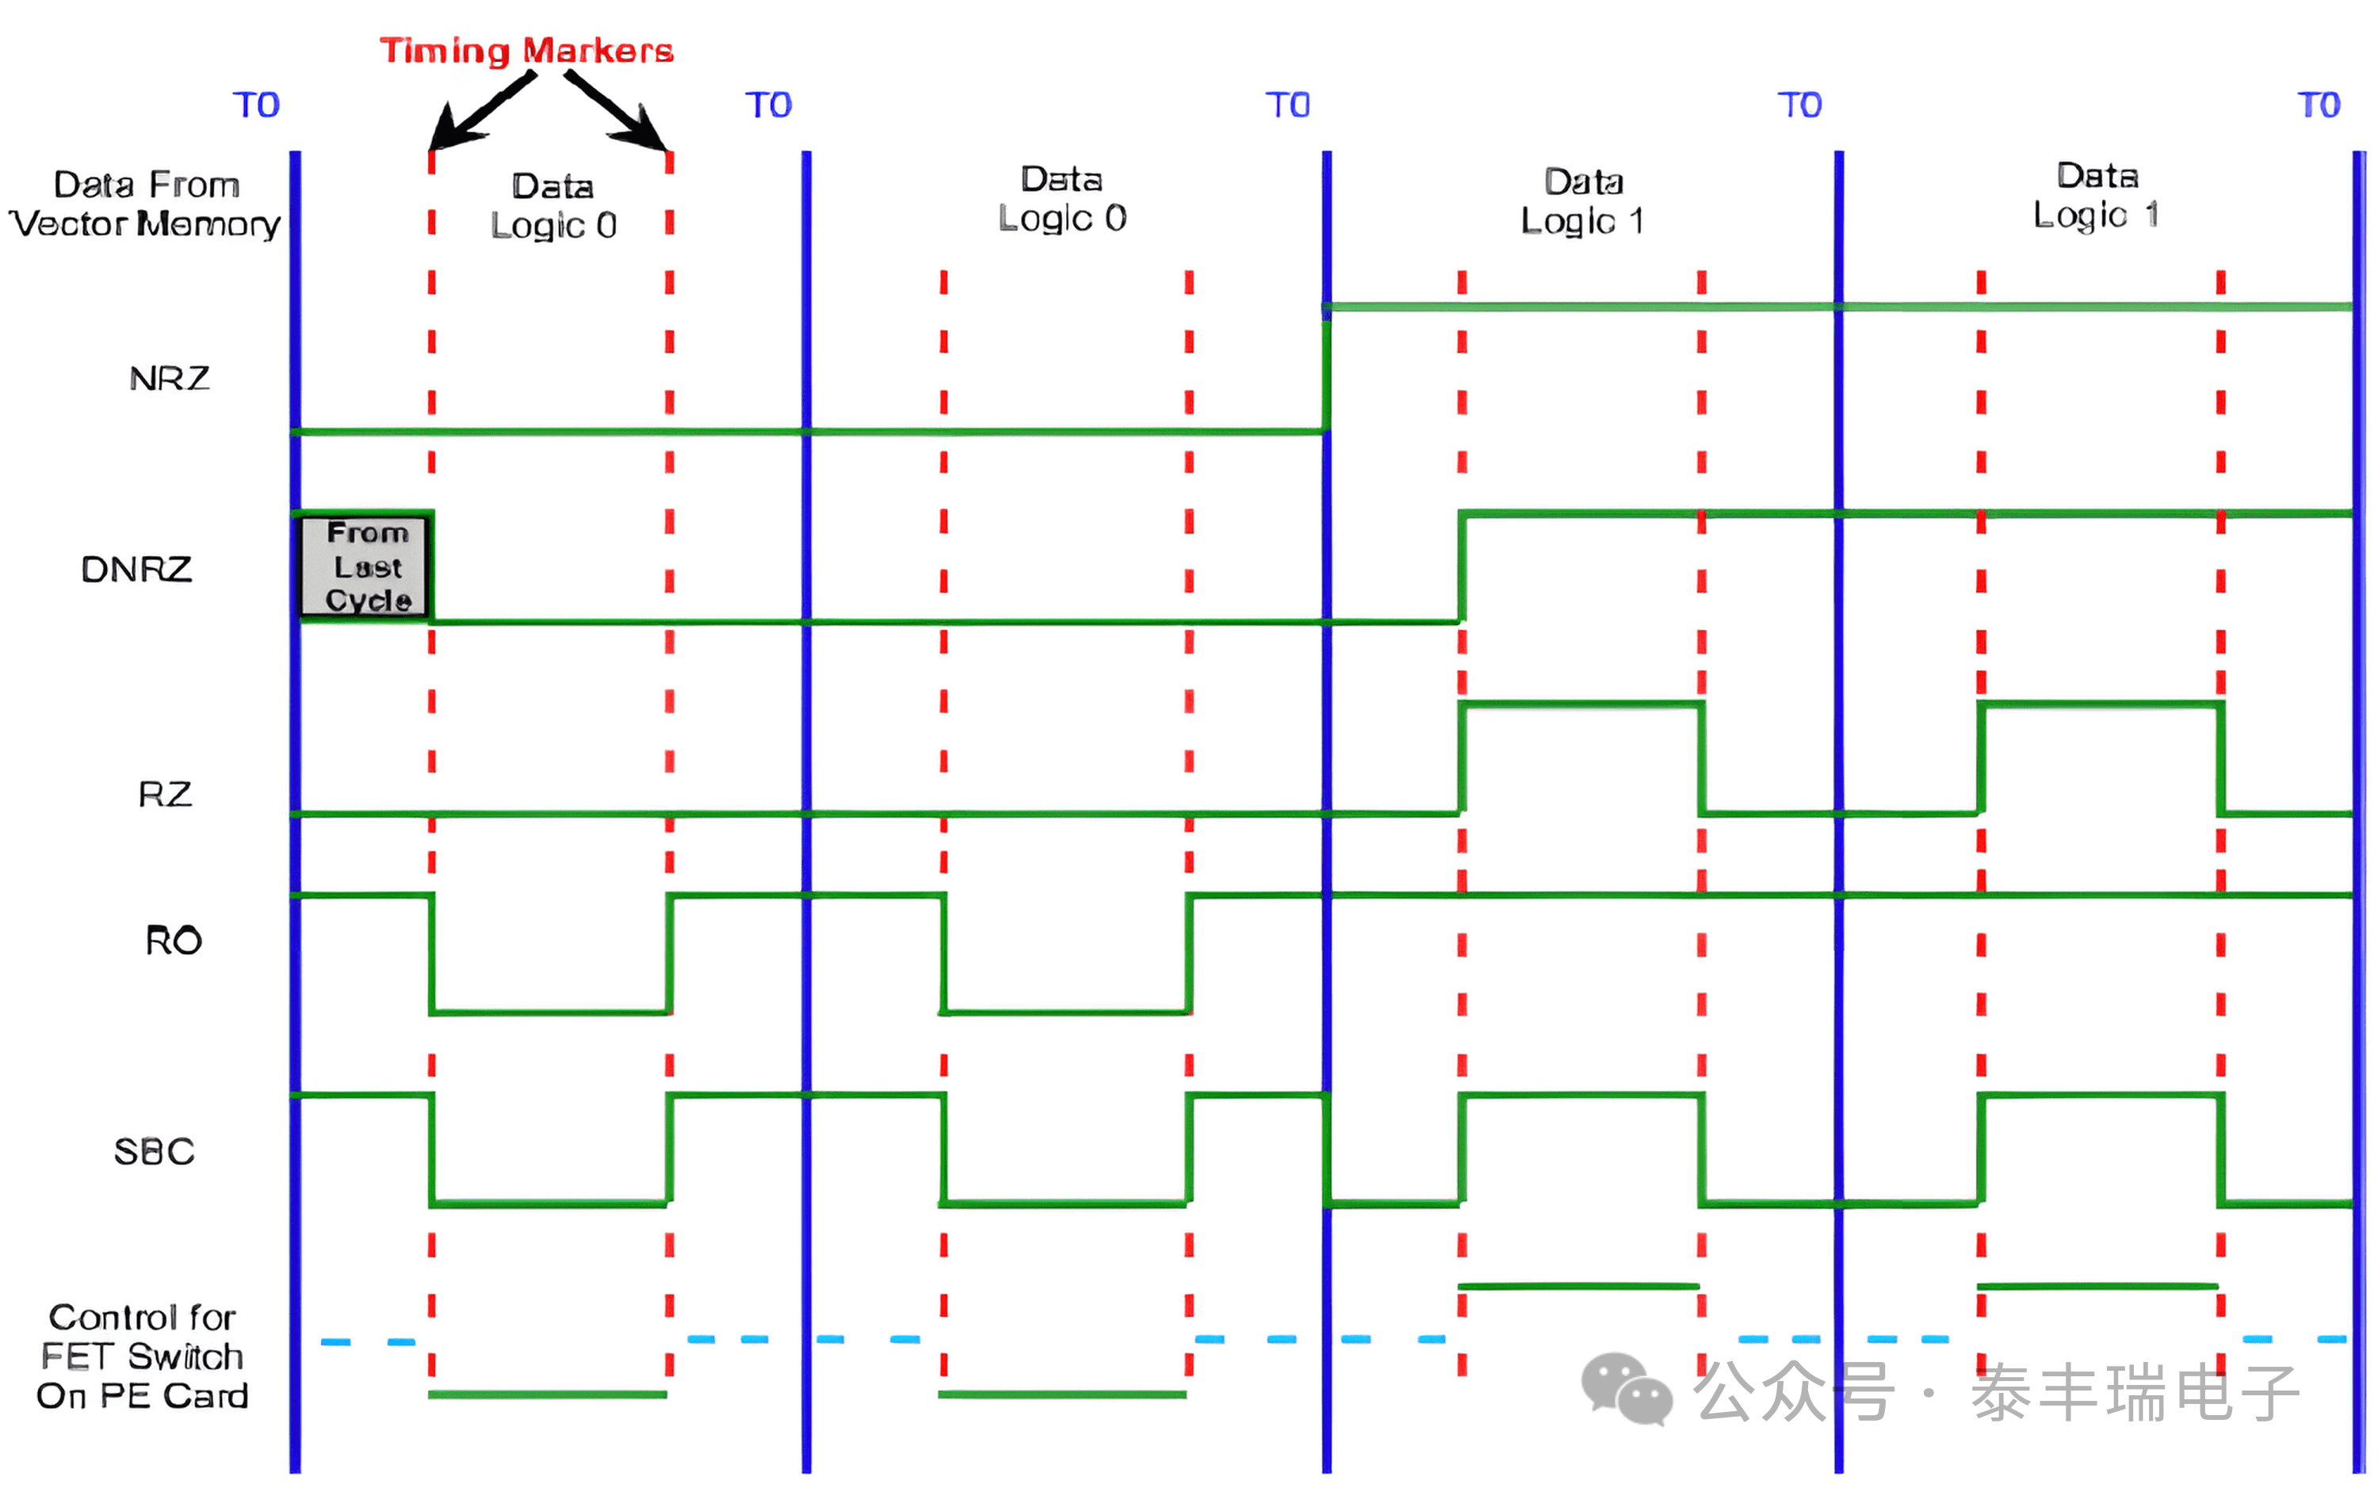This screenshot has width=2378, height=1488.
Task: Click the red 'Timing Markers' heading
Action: (x=526, y=50)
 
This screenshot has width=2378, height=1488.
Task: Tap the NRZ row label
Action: (x=170, y=379)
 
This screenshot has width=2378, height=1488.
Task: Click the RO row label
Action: (x=174, y=940)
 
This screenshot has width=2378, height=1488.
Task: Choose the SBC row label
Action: (x=154, y=1151)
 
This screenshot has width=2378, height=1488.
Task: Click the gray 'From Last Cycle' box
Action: (x=366, y=567)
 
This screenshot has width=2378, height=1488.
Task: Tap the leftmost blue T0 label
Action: (x=256, y=105)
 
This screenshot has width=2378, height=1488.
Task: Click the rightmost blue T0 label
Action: (x=2318, y=105)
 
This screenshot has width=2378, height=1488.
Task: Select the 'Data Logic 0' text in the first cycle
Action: (x=553, y=206)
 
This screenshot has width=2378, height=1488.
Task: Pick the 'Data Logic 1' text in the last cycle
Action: (x=2097, y=196)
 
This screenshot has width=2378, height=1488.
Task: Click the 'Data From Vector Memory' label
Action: (x=146, y=204)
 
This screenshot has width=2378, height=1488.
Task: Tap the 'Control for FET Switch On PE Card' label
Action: (x=143, y=1356)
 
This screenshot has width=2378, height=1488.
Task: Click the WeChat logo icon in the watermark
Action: (x=1626, y=1389)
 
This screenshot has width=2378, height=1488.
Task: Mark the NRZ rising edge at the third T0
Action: (x=1327, y=369)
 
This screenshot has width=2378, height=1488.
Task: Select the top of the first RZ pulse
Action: (x=1581, y=704)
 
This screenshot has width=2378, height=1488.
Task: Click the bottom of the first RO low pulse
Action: (x=549, y=1012)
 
